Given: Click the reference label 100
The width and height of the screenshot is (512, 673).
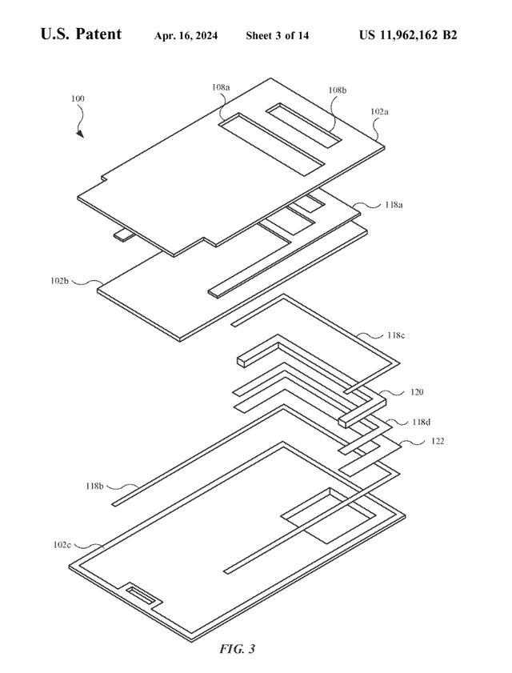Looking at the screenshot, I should (78, 99).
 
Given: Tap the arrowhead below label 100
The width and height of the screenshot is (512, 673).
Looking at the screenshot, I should (81, 134).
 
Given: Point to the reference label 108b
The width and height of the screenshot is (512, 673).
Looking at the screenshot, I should (337, 91).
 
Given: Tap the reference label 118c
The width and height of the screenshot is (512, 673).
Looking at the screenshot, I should (394, 335).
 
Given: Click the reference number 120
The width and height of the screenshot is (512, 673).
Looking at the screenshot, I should (394, 392).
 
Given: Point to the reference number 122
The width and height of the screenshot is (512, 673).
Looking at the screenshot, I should (438, 441).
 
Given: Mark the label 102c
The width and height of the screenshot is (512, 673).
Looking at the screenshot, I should (62, 544).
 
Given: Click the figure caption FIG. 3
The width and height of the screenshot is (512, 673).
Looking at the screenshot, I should (237, 648).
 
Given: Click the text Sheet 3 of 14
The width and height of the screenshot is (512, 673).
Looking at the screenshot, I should (277, 36).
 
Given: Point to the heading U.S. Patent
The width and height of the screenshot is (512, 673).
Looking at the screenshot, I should (81, 34).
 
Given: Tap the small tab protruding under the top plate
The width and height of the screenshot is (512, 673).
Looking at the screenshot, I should (123, 234).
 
